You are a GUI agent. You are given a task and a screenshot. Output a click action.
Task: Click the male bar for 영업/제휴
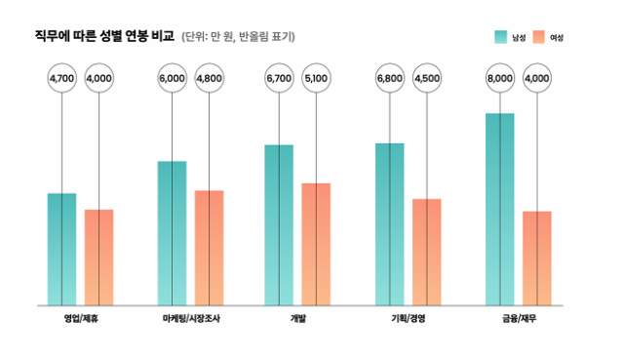tap(61, 249)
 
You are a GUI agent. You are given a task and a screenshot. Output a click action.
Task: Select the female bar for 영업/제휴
tap(98, 257)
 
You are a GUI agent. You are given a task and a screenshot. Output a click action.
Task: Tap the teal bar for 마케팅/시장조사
tap(172, 233)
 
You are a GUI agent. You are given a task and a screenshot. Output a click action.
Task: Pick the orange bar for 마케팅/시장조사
tap(209, 248)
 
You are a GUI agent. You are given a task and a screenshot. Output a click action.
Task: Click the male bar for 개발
tap(279, 224)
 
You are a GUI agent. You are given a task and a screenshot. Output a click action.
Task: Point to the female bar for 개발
tap(316, 244)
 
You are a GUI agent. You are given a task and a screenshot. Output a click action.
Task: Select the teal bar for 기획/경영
tap(390, 224)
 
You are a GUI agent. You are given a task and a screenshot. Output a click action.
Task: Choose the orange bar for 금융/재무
tap(537, 258)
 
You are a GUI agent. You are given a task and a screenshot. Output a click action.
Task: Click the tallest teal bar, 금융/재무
tap(500, 209)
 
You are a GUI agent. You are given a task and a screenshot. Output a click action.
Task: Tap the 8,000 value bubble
tap(500, 78)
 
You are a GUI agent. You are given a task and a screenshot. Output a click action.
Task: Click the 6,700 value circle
tap(279, 78)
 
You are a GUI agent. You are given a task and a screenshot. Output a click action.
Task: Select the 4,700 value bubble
tap(61, 78)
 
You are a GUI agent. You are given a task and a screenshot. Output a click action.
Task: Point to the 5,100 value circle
tap(316, 78)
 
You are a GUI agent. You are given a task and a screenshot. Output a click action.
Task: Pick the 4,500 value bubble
tap(427, 78)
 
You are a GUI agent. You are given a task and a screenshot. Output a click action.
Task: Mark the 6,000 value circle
tap(172, 78)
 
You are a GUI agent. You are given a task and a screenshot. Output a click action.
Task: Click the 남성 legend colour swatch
tap(501, 37)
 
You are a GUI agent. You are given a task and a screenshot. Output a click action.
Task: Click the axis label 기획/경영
tap(408, 319)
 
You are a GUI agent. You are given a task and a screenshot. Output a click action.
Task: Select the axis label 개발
tap(297, 319)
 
